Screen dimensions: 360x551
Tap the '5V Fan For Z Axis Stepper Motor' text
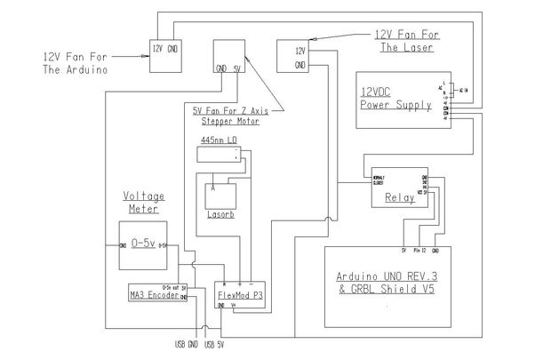226,116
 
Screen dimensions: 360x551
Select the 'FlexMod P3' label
238,293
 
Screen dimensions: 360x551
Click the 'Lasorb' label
219,214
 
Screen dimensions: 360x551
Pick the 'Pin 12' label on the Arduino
421,252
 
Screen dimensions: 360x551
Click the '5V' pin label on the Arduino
403,252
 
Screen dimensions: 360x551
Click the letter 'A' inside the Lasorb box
213,188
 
